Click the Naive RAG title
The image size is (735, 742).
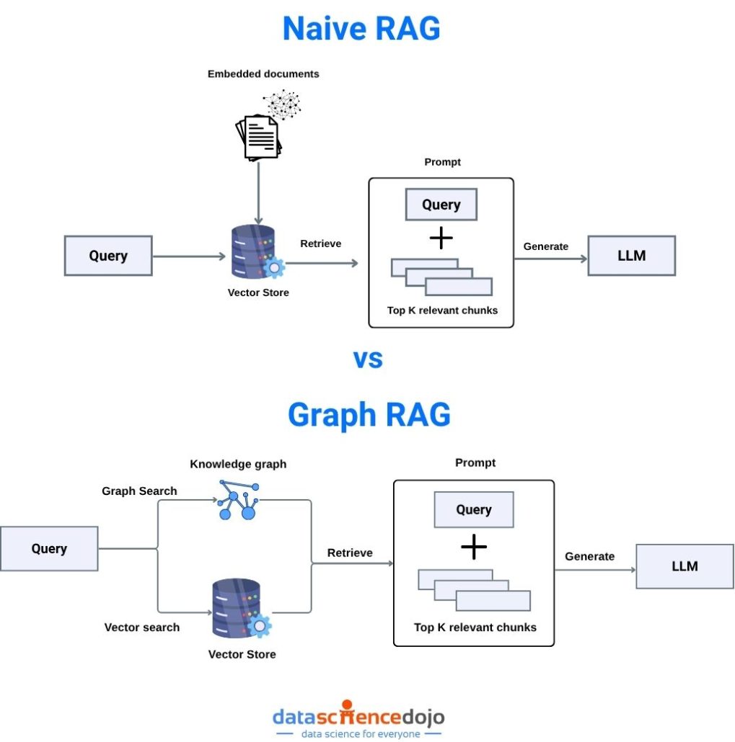(361, 28)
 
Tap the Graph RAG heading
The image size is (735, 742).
(369, 414)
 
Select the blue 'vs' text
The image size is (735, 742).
(368, 358)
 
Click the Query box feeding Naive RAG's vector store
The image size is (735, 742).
(108, 256)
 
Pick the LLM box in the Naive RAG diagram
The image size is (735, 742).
(631, 256)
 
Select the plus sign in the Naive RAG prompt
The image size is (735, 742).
(441, 238)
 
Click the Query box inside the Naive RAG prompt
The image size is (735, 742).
(441, 205)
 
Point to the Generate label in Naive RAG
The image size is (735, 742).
(545, 246)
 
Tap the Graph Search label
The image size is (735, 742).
(139, 491)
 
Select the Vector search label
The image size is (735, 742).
(142, 627)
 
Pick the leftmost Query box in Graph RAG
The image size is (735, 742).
(49, 549)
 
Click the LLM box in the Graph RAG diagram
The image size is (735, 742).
(684, 566)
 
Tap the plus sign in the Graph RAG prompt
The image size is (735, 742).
(474, 547)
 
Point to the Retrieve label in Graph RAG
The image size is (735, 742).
(350, 553)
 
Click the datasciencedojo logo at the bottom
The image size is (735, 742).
(358, 718)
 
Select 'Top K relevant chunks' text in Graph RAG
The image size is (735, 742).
(475, 627)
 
